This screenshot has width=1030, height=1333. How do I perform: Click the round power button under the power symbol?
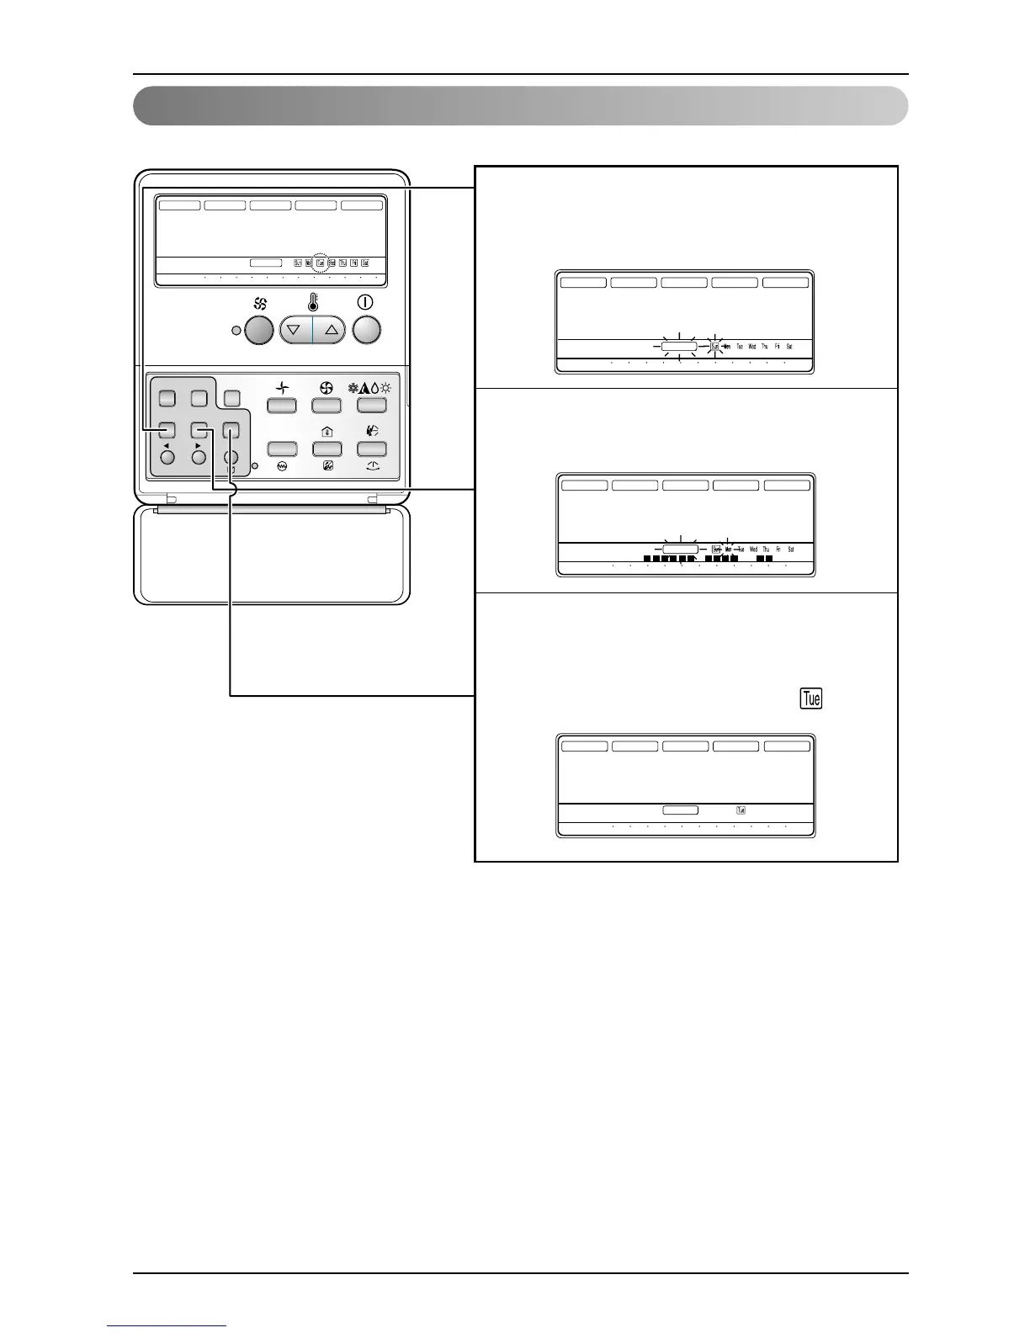click(366, 330)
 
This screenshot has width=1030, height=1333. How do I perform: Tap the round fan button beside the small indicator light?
click(258, 330)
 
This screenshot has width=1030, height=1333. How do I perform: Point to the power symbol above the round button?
click(366, 302)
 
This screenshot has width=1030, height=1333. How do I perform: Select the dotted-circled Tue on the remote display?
click(321, 263)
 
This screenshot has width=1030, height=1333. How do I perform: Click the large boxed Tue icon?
click(811, 698)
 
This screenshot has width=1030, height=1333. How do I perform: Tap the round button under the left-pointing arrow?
click(167, 458)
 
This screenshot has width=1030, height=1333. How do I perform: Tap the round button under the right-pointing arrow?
click(199, 458)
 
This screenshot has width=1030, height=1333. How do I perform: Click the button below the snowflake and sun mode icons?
click(371, 406)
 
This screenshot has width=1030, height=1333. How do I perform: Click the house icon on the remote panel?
click(327, 431)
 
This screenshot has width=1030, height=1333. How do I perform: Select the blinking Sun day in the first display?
click(715, 347)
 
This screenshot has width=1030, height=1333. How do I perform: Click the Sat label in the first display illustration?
click(789, 347)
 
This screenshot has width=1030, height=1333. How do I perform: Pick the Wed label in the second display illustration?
click(753, 550)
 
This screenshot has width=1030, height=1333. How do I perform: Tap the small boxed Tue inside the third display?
click(741, 810)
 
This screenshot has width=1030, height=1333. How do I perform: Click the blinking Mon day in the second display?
click(728, 550)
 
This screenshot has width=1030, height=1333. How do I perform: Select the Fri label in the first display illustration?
click(777, 347)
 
